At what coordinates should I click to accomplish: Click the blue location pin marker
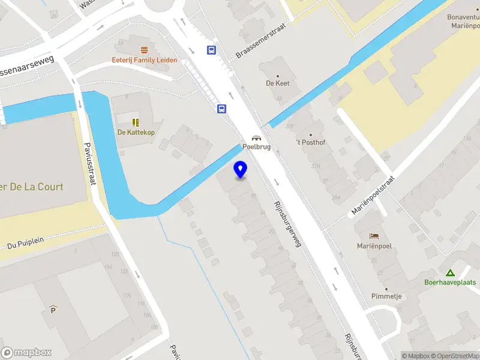coord(241,170)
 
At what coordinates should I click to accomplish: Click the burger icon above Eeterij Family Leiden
coord(143,50)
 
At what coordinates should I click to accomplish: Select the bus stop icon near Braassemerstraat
coord(212,50)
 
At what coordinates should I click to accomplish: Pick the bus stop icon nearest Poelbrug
coord(222,109)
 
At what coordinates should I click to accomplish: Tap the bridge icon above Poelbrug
coord(256,137)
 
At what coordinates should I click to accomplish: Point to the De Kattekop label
coord(136,132)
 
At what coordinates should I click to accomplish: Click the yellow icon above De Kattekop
coord(136,122)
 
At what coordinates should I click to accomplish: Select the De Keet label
coord(278,83)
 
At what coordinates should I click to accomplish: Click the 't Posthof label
coord(310,142)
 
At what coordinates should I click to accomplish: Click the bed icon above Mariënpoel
coord(375,235)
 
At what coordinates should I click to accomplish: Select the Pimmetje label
coord(386,296)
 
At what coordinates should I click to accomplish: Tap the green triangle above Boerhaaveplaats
coord(449,272)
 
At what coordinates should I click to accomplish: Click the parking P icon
coord(53,310)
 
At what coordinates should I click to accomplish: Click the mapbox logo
coord(26,353)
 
